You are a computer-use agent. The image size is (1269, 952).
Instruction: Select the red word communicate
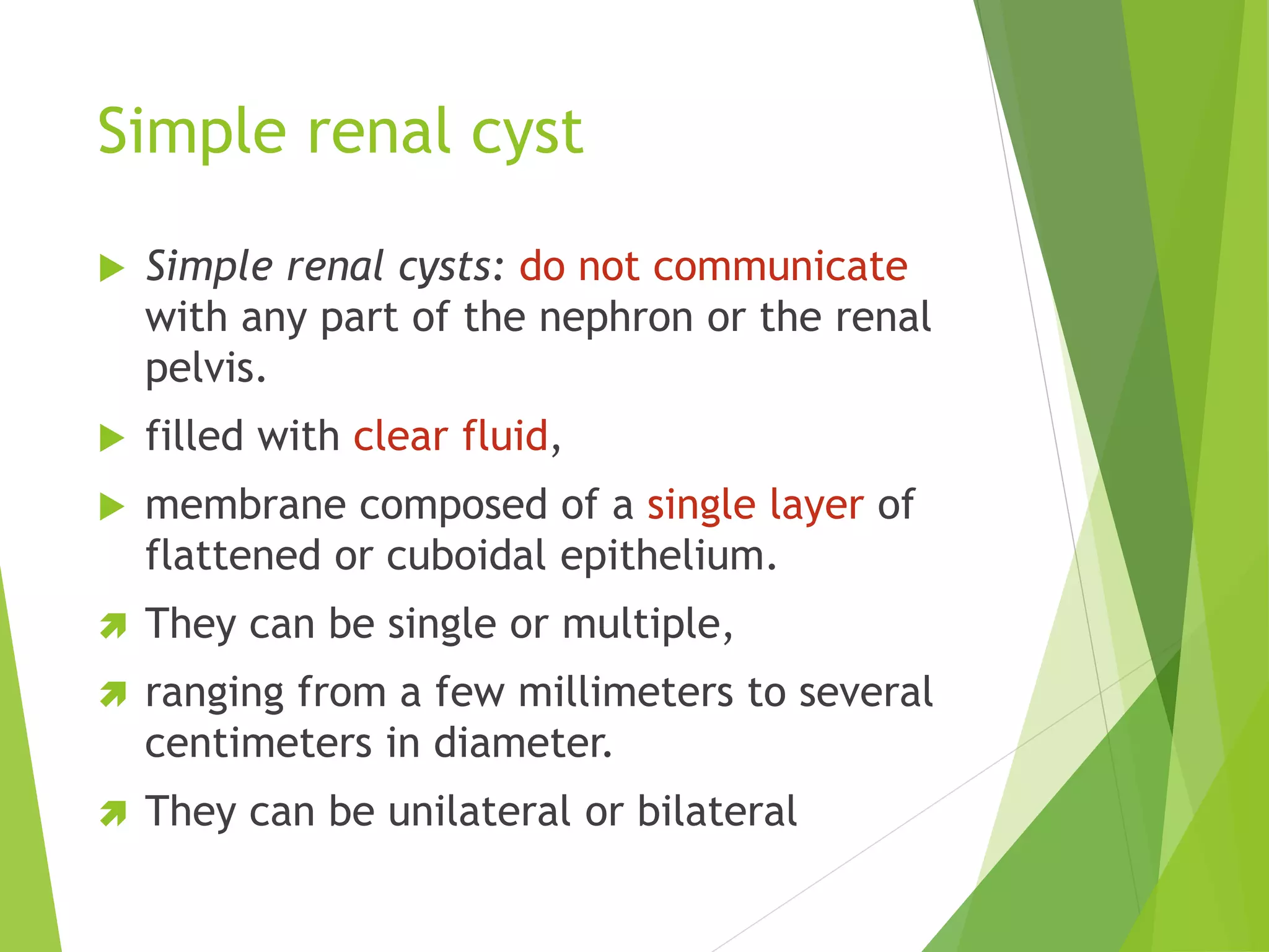(780, 267)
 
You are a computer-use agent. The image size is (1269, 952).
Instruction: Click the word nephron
(616, 317)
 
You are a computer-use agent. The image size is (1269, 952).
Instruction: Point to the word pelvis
(205, 369)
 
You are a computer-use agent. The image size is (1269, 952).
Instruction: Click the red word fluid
(505, 436)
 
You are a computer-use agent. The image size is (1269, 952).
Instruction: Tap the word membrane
(245, 505)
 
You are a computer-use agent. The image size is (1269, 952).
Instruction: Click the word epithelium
(668, 555)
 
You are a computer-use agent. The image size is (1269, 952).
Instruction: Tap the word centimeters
(258, 743)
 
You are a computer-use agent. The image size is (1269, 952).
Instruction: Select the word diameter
(522, 743)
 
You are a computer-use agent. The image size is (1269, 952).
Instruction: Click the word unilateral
(479, 812)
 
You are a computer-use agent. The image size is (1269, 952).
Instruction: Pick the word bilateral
(717, 812)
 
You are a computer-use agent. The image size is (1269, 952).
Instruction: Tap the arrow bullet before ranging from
(113, 694)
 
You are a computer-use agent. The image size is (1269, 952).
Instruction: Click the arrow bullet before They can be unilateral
(113, 814)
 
